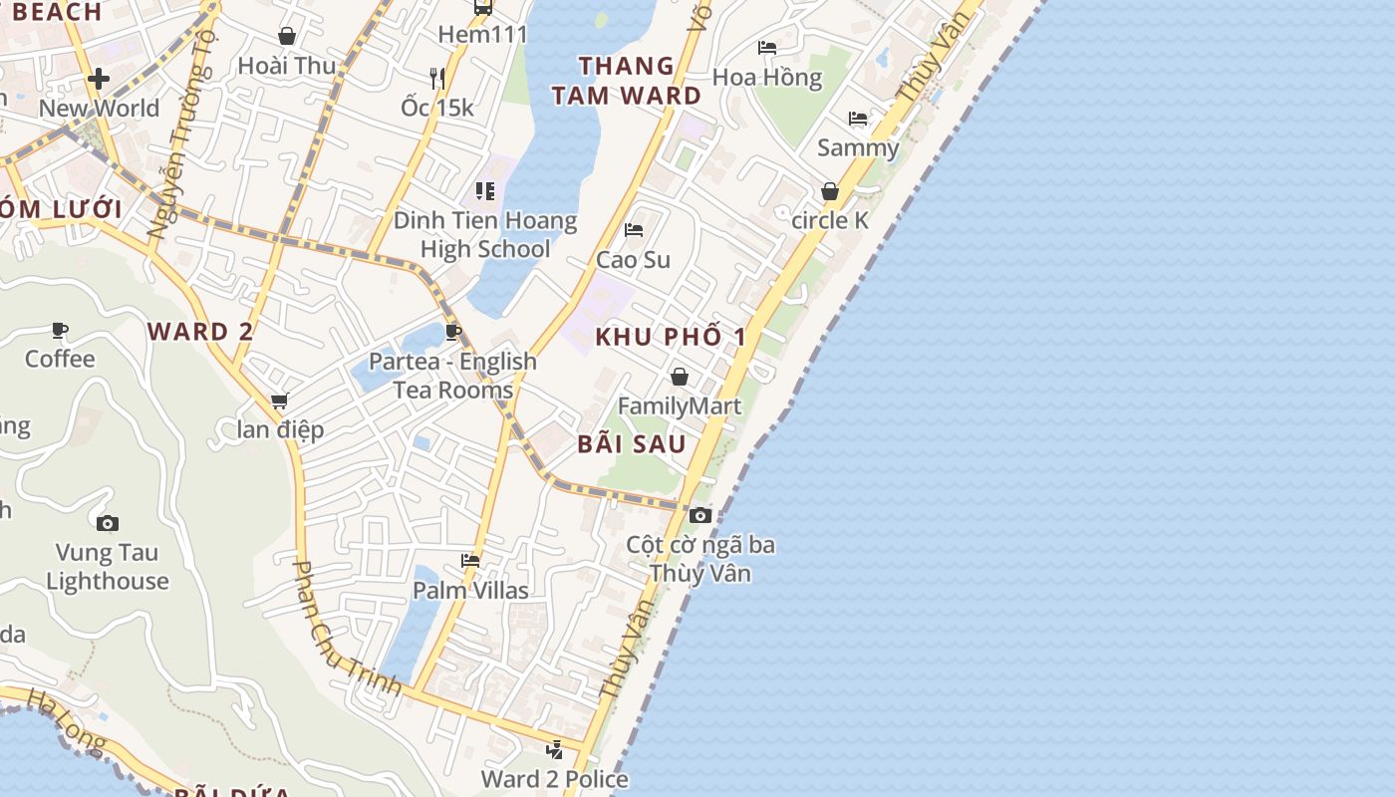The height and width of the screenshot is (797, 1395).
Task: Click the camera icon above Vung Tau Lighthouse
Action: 108,523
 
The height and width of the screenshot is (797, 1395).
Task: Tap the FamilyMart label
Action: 680,406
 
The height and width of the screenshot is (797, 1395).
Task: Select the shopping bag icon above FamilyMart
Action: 680,377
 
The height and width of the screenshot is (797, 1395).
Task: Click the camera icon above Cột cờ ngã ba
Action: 700,515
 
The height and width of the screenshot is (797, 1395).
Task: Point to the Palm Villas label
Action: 471,591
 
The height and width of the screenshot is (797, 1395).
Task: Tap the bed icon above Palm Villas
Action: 470,561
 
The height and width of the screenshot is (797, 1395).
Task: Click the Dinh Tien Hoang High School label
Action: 485,235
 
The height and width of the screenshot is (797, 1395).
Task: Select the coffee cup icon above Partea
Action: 453,332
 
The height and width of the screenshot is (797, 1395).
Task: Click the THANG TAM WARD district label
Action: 627,81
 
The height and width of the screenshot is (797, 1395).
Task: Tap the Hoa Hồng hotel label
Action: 767,78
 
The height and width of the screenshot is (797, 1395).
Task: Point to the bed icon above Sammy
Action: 858,119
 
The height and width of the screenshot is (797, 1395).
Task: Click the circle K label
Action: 830,221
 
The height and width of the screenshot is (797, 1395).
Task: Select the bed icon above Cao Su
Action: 633,230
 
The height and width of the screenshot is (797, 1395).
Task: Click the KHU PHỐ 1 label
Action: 671,337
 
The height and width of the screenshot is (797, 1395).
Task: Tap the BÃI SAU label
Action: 632,444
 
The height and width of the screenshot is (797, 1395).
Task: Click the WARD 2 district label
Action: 200,332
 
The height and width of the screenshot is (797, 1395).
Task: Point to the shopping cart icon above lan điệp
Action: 280,400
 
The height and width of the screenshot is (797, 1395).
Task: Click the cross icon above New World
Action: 99,79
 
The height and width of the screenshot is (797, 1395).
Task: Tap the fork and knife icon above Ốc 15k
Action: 437,78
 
